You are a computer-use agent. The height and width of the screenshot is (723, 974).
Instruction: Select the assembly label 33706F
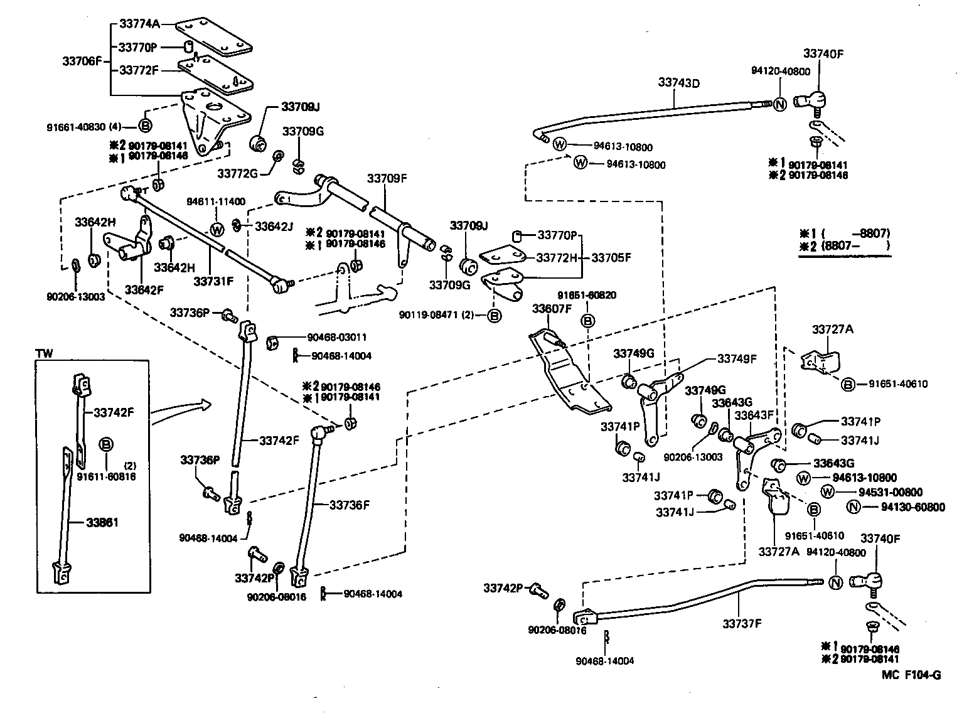[x=82, y=61]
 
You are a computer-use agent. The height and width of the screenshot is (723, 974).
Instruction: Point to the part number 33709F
[x=387, y=178]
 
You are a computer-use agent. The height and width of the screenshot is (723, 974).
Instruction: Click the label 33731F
[x=213, y=282]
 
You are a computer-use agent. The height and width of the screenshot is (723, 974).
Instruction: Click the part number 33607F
[x=552, y=308]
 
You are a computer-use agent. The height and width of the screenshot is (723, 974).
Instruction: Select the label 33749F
[x=737, y=359]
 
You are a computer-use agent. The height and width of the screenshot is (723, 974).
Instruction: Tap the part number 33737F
[x=742, y=624]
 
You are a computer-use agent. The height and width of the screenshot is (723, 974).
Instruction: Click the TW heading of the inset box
[x=45, y=354]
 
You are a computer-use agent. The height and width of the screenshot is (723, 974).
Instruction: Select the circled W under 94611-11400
[x=217, y=230]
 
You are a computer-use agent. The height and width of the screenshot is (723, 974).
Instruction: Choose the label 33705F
[x=611, y=257]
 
